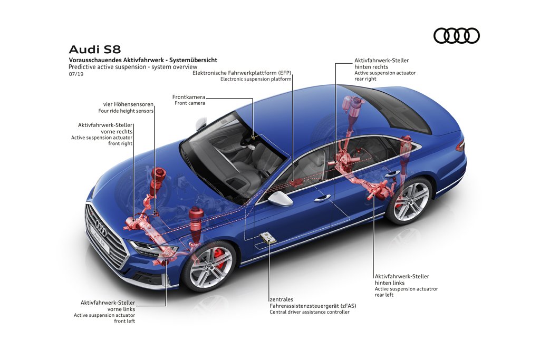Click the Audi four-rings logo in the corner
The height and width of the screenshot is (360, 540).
[456, 35]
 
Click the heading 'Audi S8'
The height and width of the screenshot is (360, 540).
[95, 50]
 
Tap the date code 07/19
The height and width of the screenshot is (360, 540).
[76, 74]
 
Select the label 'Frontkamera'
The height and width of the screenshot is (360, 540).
[189, 97]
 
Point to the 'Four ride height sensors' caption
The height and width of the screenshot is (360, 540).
[126, 111]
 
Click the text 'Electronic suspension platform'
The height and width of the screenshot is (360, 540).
[256, 79]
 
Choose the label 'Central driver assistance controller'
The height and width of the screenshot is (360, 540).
[310, 312]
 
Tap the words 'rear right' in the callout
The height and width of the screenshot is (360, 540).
[365, 79]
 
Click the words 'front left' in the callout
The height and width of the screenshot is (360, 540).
[124, 321]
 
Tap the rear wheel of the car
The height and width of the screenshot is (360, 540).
[409, 200]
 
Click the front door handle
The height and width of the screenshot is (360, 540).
[322, 198]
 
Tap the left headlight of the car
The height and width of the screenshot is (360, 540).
[146, 247]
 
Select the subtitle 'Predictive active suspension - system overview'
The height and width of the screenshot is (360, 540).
[133, 67]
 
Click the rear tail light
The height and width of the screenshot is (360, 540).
[460, 146]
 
